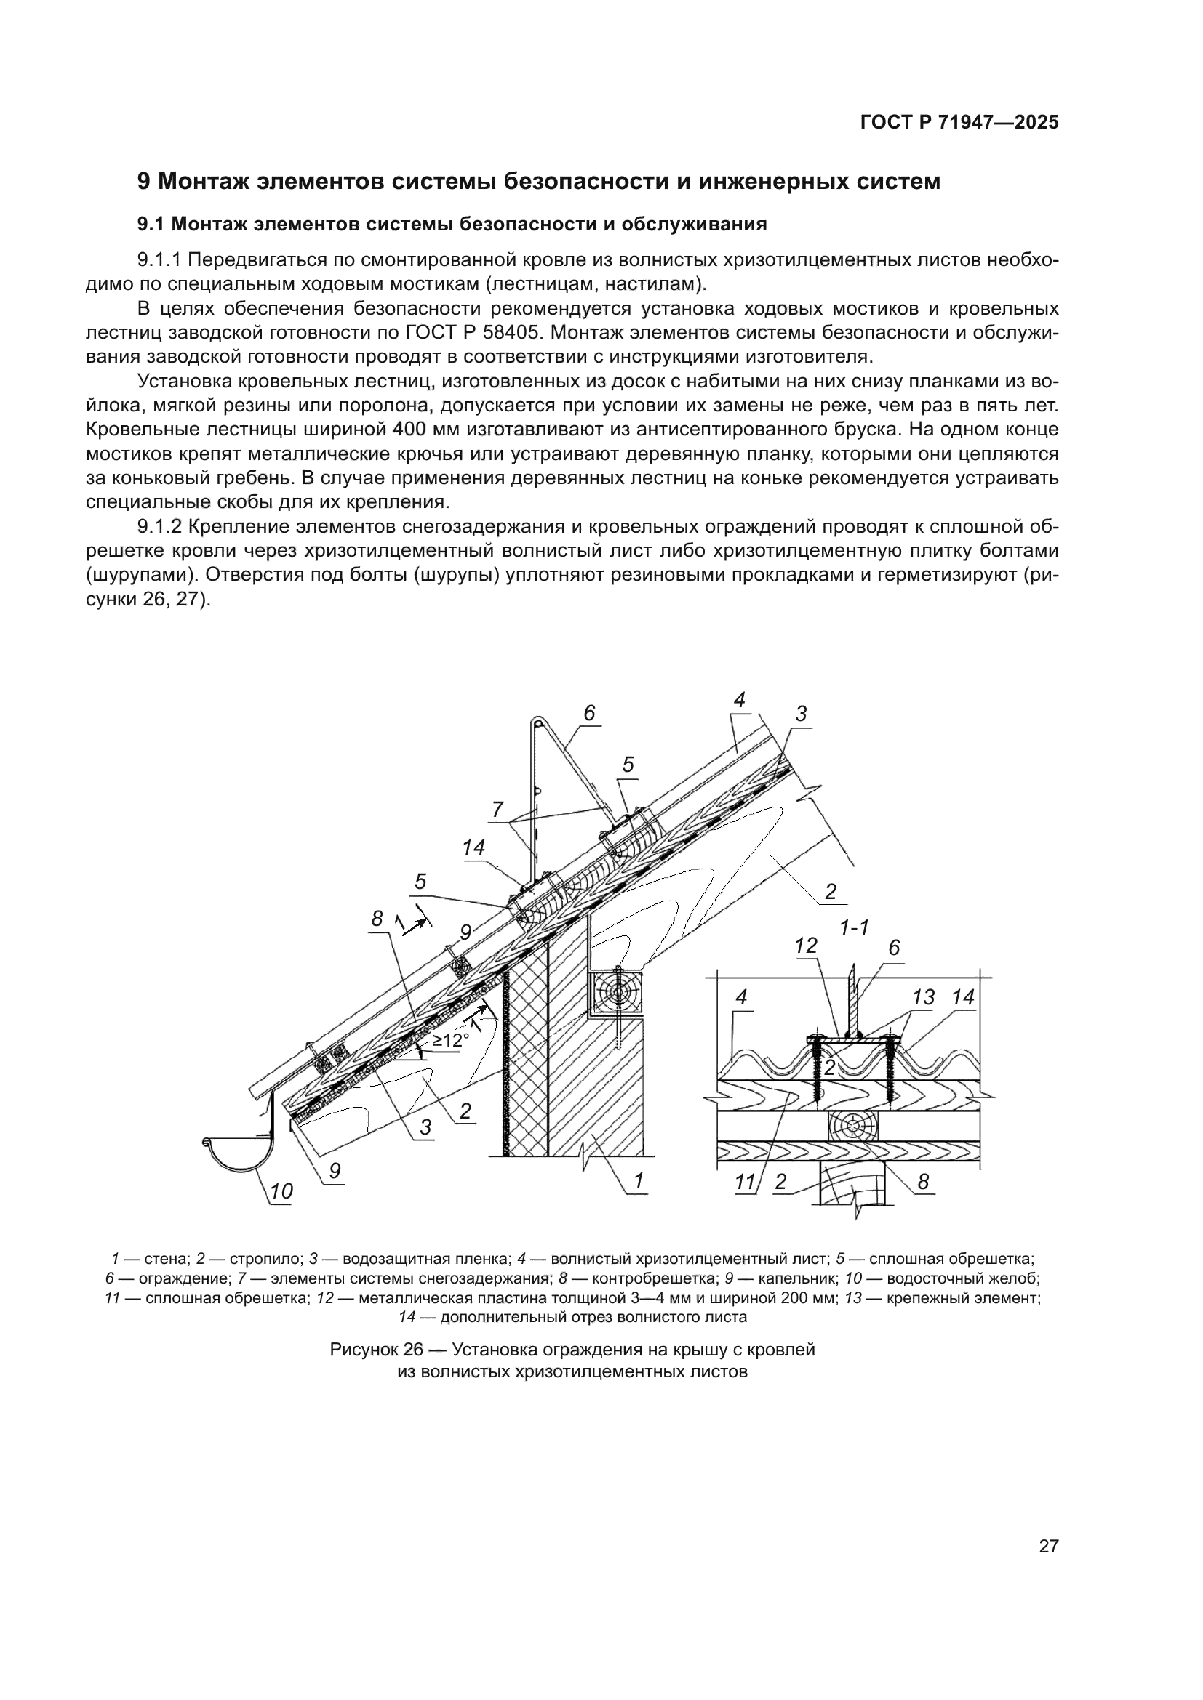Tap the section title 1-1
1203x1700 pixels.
pos(854,927)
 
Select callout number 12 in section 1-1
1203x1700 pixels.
pos(805,946)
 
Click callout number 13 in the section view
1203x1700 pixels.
pos(923,997)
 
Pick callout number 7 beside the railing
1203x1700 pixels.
pos(497,809)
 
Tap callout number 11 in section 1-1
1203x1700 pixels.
pos(745,1183)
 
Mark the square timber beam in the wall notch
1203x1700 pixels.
pos(616,993)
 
